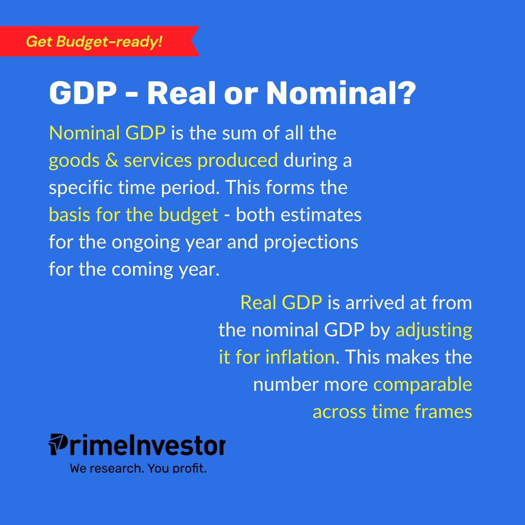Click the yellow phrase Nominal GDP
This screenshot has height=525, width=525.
tap(107, 133)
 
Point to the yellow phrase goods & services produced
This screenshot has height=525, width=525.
tap(163, 160)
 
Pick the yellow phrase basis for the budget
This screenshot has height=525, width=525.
tap(133, 215)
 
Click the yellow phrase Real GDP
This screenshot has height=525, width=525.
tap(281, 303)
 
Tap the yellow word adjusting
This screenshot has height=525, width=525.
tap(434, 330)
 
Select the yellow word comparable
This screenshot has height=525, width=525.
tap(422, 385)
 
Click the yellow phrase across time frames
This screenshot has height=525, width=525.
tap(392, 412)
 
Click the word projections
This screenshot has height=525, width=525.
tap(311, 242)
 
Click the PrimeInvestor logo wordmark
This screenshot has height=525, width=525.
tap(137, 445)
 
